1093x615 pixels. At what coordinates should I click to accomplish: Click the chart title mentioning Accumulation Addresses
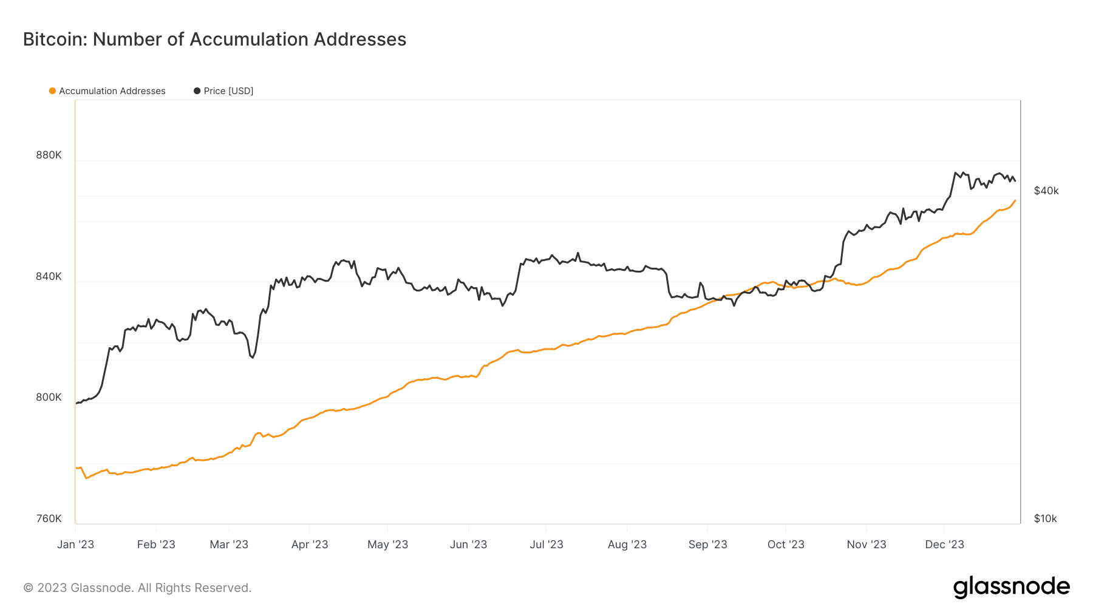pos(214,39)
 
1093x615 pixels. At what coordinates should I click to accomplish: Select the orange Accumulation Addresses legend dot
pos(52,91)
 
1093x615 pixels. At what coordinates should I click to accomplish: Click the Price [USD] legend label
pos(228,91)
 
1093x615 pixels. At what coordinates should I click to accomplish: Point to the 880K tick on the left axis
pos(49,155)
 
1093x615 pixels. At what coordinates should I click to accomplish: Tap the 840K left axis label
pos(49,276)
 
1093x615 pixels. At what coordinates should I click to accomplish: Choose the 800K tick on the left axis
pos(49,397)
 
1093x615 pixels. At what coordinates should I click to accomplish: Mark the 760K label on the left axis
pos(49,518)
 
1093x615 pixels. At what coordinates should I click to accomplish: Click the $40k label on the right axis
pos(1046,191)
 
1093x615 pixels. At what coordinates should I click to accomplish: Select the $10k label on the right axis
pos(1045,518)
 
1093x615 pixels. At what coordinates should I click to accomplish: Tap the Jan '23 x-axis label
pos(75,545)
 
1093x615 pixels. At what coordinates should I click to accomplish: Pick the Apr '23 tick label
pos(310,545)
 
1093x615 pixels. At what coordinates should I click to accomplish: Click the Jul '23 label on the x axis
pos(546,545)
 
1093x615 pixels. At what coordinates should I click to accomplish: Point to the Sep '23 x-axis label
pos(707,545)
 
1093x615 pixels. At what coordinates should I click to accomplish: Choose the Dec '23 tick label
pos(944,545)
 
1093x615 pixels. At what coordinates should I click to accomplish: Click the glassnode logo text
pos(1011,587)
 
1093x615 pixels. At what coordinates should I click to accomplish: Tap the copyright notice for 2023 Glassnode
pos(137,588)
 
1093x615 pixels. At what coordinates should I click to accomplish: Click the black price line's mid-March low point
pos(252,357)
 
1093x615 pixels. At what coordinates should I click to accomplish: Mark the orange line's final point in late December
pos(1015,201)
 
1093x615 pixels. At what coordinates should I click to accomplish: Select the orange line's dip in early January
pos(87,478)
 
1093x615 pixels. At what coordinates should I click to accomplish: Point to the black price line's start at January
pos(77,403)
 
